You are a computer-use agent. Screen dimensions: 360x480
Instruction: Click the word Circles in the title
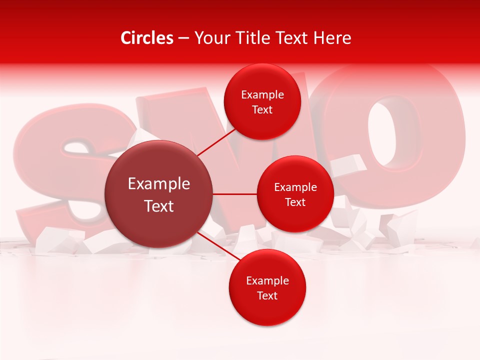click(x=147, y=38)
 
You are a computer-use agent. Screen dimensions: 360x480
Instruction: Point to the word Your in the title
click(x=210, y=38)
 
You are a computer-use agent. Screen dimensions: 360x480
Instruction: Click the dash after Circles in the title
click(x=183, y=38)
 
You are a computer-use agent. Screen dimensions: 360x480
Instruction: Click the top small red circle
click(x=262, y=101)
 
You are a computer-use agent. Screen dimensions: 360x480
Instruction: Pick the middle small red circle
click(x=295, y=194)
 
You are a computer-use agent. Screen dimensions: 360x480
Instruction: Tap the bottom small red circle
click(x=267, y=287)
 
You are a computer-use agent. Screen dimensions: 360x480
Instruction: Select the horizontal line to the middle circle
click(x=235, y=194)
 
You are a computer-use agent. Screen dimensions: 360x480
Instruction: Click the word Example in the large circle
click(x=159, y=184)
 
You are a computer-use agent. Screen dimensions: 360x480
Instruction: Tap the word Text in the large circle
click(x=159, y=206)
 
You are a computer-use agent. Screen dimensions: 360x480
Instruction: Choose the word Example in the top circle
click(x=262, y=95)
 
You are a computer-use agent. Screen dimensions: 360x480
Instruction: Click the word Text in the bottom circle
click(x=267, y=295)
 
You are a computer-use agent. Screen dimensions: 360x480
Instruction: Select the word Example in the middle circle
click(x=295, y=187)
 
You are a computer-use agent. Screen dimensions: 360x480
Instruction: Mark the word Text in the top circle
click(x=262, y=110)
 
